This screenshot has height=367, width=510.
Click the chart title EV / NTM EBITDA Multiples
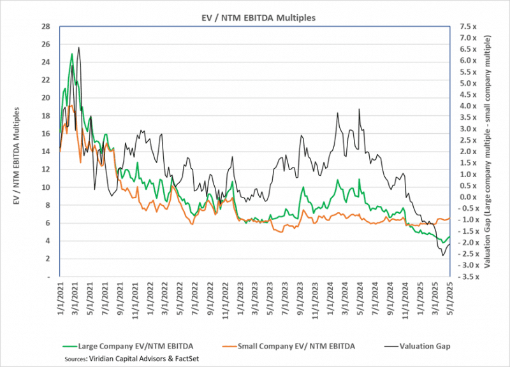click(x=254, y=17)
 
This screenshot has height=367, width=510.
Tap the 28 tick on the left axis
click(x=45, y=27)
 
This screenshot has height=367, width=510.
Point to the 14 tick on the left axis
click(x=45, y=152)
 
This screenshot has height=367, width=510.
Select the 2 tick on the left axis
click(x=47, y=259)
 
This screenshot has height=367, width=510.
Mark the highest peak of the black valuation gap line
click(x=78, y=47)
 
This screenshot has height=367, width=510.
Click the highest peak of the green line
click(x=72, y=54)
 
